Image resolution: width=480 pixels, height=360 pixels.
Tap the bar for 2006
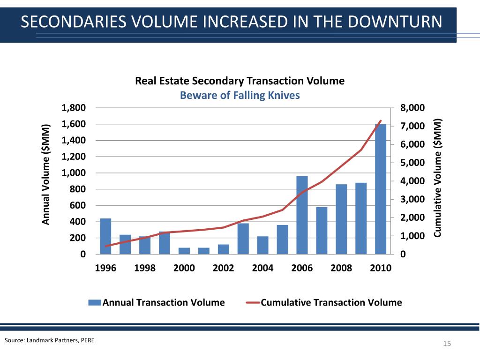pos(302,215)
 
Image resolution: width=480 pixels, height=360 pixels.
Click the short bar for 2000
pos(184,251)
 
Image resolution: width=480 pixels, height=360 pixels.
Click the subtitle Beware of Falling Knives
pos(240,95)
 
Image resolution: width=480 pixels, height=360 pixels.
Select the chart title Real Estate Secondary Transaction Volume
pos(240,81)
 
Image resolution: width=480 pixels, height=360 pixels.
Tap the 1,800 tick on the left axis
pos(74,108)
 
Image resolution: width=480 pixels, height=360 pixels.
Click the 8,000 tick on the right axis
pos(412,108)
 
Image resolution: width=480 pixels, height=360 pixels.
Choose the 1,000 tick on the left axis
pos(74,173)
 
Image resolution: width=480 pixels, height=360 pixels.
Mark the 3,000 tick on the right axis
pos(412,200)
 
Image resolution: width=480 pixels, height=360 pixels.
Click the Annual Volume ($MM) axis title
pos(46,174)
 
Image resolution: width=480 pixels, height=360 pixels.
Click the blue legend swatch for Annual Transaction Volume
pos(95,302)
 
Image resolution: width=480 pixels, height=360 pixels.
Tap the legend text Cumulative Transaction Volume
pos(331,302)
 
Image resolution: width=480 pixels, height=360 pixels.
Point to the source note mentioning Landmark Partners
pos(49,340)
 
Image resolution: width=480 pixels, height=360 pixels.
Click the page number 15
pos(447,345)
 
